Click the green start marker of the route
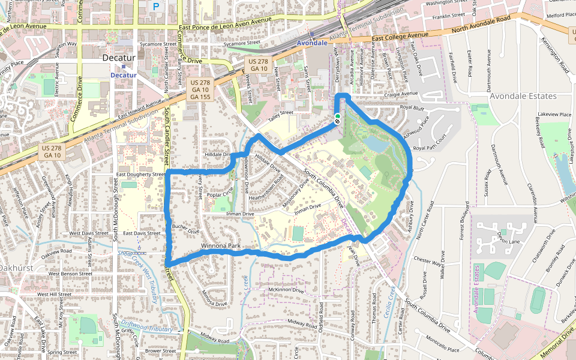[x=337, y=116]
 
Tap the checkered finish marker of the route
[x=337, y=122]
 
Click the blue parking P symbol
[x=156, y=7]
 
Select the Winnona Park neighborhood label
[x=221, y=246]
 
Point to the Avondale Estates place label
[x=523, y=96]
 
